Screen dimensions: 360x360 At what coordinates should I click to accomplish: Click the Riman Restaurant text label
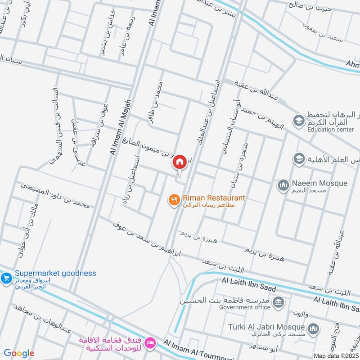coord(214,198)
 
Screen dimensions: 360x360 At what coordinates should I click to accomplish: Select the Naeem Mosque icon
coord(283,184)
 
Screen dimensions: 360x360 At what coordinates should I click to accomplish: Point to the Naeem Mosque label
coord(319,183)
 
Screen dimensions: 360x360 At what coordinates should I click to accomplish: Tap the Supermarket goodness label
coord(55,273)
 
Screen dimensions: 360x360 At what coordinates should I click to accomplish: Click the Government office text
coord(244,307)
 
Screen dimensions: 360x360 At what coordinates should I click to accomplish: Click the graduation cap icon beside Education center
coord(298,121)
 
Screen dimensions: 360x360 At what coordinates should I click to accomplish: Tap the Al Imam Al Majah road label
coord(120,128)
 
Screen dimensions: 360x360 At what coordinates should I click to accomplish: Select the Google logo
coord(19,353)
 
